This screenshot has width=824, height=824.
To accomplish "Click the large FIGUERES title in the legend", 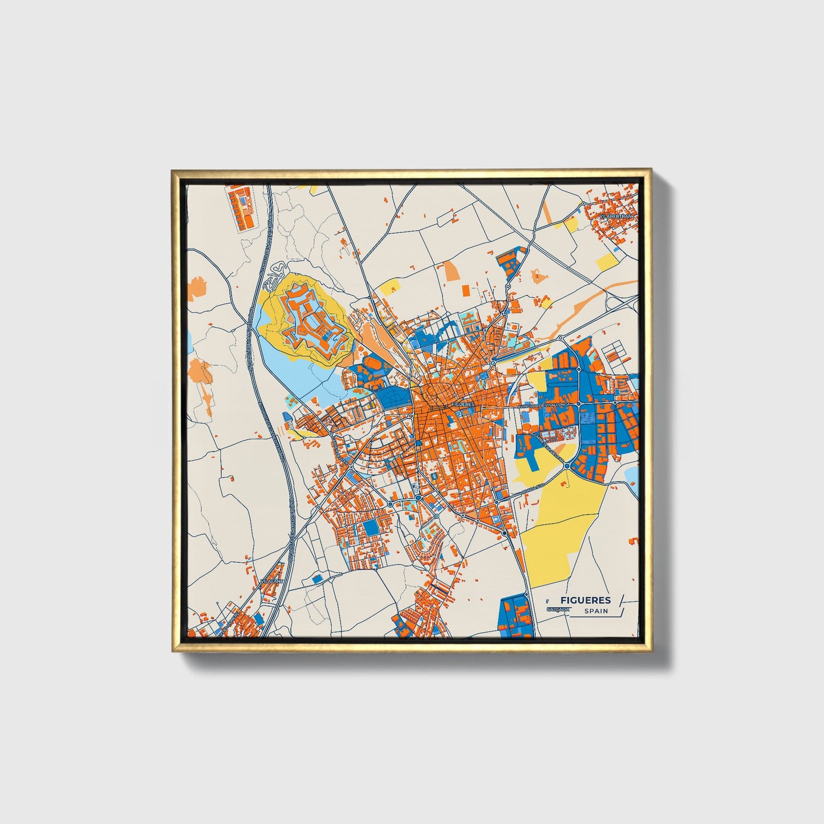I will pos(585,600).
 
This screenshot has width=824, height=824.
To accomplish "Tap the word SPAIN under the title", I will pos(596,611).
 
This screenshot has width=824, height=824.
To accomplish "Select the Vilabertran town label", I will pos(617,217).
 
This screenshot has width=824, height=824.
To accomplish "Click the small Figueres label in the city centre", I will pos(462,404).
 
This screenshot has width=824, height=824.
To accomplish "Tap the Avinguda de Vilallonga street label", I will pos(544,404).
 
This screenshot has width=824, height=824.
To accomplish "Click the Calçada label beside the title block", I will pos(557,609).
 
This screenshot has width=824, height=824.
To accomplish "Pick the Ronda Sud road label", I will pos(538,486).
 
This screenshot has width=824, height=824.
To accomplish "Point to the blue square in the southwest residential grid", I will pos(371,527).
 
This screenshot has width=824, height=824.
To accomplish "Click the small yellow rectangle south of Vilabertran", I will pos(606,262).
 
